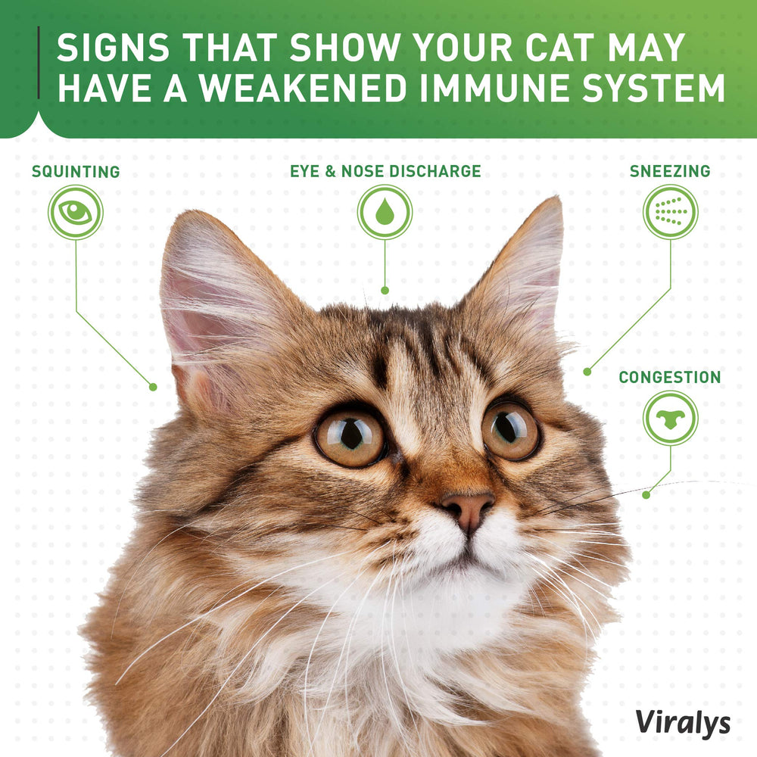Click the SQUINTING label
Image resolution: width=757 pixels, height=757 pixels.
pos(76,172)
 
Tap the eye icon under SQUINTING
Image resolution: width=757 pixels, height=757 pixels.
pos(75,213)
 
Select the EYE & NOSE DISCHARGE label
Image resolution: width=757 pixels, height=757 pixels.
pos(385,171)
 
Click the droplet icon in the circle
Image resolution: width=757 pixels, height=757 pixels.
pos(385,212)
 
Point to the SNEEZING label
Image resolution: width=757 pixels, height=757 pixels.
pos(670,172)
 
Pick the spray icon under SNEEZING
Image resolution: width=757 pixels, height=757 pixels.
pos(670,212)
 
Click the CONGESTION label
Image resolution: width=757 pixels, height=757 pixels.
pos(670,377)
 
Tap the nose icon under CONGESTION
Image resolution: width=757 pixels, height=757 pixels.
pos(670,418)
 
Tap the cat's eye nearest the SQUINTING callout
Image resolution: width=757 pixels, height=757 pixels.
pos(350,437)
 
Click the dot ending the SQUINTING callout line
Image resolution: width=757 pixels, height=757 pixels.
pos(153,387)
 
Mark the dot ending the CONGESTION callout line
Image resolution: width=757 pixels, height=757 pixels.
pos(646,495)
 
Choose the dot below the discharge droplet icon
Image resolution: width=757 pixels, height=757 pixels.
pos(385,290)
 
